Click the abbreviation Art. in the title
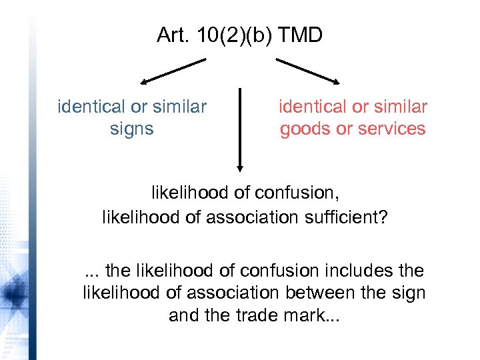(173, 35)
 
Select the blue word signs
(132, 129)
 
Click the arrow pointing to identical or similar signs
(173, 71)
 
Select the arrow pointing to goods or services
(309, 71)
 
